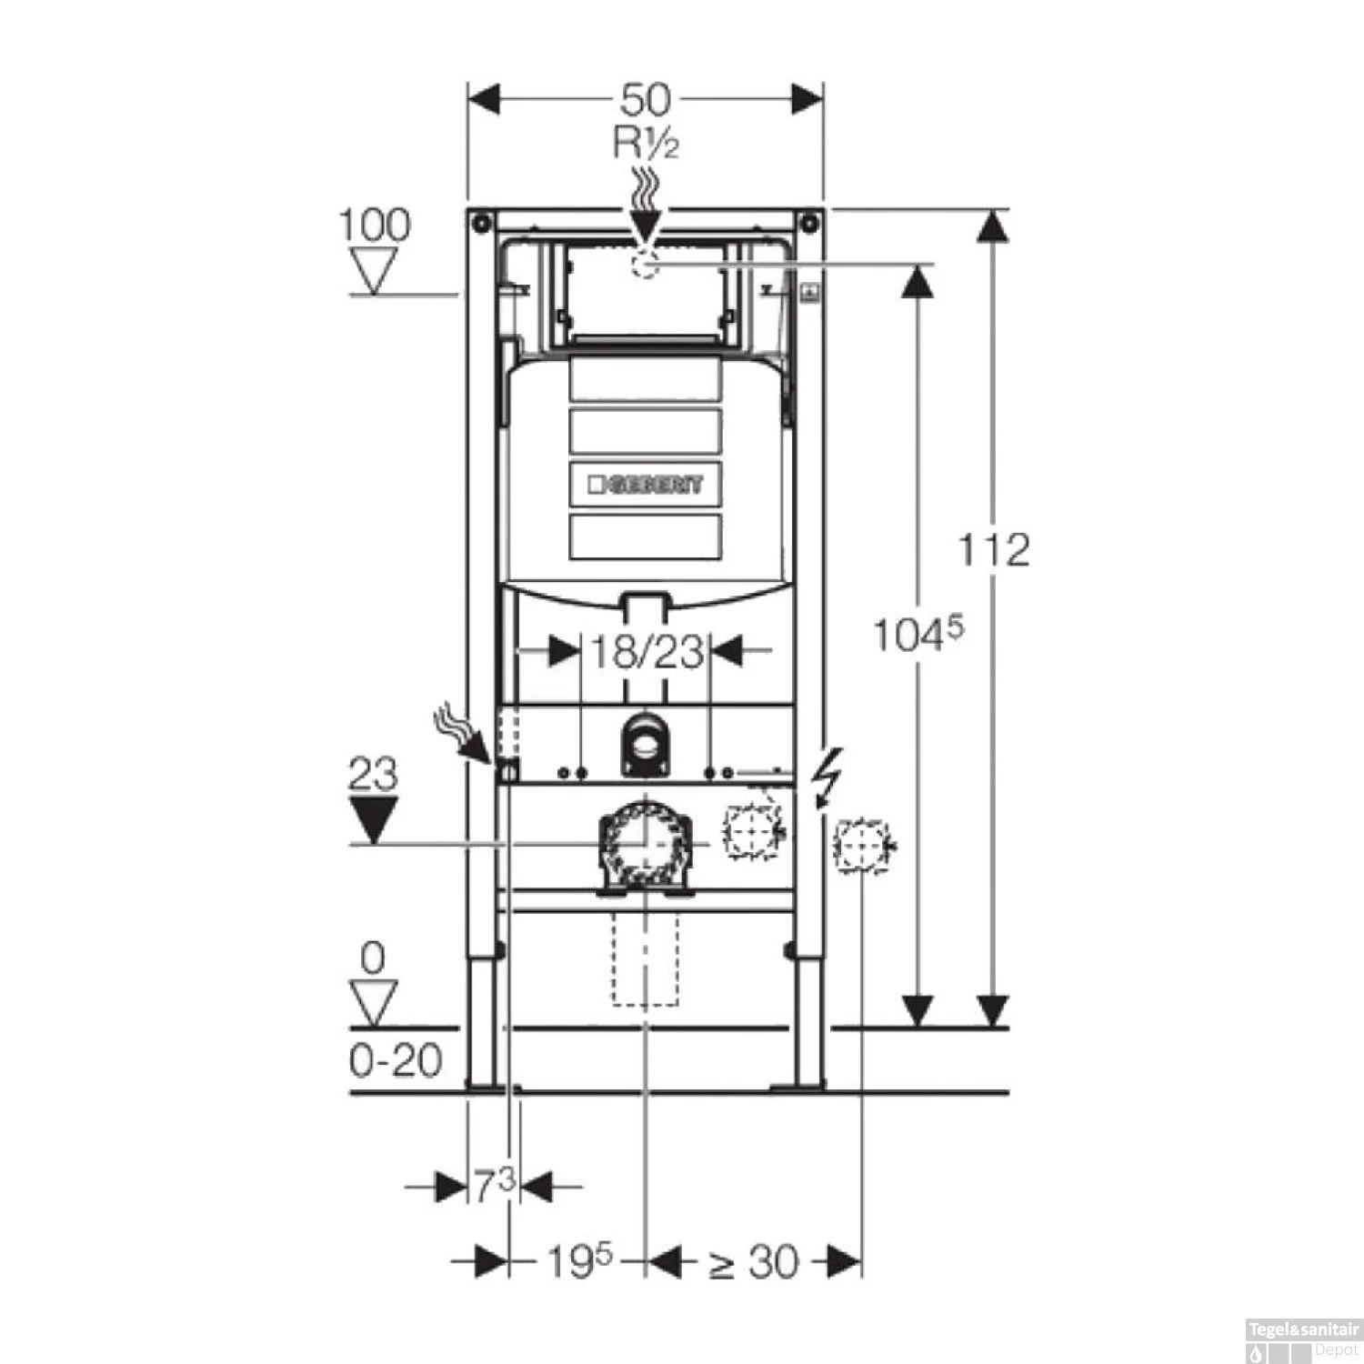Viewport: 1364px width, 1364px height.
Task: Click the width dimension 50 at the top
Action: [x=646, y=99]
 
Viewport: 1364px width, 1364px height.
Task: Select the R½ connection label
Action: [x=646, y=144]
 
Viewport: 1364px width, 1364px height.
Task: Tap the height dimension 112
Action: [x=994, y=550]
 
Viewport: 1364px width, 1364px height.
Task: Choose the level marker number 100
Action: [x=374, y=225]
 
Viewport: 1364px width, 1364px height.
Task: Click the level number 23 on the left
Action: [x=374, y=775]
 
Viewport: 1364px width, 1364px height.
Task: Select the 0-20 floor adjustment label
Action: [x=396, y=1060]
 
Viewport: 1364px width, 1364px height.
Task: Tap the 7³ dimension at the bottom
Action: [x=494, y=1186]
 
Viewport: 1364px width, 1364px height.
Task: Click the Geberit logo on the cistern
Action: [x=646, y=484]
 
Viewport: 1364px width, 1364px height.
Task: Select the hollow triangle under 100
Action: [x=374, y=271]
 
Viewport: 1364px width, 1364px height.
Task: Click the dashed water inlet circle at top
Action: [x=645, y=264]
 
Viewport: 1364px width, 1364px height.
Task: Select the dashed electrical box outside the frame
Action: [x=860, y=846]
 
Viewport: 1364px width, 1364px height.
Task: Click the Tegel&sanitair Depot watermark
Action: [x=1303, y=1337]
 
